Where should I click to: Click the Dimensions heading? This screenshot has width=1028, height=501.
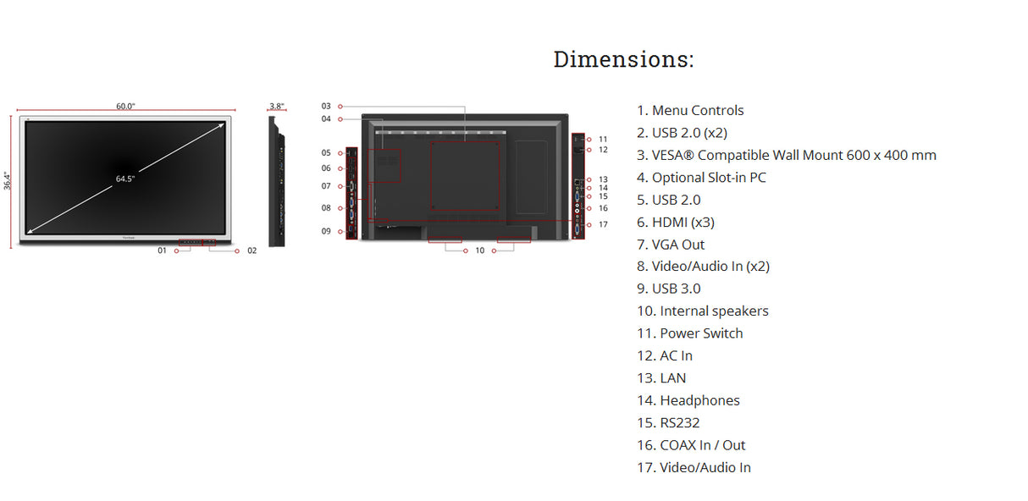click(623, 59)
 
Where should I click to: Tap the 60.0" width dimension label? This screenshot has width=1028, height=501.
click(125, 106)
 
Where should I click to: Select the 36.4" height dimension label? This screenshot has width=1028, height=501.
click(6, 179)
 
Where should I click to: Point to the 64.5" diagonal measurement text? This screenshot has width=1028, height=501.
click(125, 179)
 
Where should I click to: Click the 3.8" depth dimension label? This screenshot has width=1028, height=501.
click(276, 106)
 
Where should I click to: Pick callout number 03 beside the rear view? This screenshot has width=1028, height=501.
click(326, 106)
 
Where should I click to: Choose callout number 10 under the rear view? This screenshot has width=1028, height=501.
click(479, 250)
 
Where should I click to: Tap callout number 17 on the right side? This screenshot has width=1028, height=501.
click(603, 224)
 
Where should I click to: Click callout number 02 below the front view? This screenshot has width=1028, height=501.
click(251, 250)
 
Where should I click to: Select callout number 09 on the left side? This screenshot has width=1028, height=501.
click(326, 231)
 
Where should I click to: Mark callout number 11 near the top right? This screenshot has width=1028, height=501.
click(603, 139)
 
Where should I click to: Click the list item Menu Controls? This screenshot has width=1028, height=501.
click(690, 111)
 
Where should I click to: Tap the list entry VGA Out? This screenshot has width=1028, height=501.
click(671, 245)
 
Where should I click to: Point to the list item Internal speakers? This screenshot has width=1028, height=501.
click(703, 311)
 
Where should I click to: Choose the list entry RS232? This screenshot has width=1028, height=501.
click(668, 423)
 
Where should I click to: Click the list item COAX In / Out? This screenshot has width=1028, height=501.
click(691, 445)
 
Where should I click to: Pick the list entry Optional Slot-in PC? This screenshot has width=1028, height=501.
click(701, 178)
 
